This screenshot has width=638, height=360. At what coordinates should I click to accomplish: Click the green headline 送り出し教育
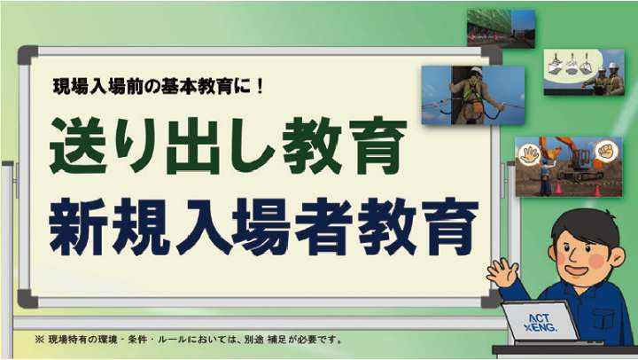click(x=228, y=145)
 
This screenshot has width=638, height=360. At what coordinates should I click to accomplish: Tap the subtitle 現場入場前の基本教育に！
click(x=159, y=86)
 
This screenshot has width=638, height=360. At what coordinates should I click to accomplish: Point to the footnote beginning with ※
click(x=189, y=340)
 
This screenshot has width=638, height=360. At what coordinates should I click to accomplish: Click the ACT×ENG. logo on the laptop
click(x=540, y=323)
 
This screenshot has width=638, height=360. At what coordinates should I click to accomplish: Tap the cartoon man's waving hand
click(x=503, y=272)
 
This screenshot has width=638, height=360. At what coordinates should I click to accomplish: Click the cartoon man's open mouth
click(x=577, y=270)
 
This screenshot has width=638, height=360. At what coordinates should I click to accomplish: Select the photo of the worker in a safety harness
click(x=473, y=95)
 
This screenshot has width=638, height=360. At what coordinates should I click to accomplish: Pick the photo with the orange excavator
click(x=568, y=167)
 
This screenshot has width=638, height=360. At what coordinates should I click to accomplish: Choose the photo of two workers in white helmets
click(x=584, y=73)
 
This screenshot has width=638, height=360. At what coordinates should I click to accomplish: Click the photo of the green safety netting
click(x=501, y=28)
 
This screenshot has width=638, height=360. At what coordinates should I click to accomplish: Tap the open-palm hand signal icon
click(x=529, y=154)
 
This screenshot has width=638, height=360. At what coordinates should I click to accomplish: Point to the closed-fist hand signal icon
click(x=606, y=150)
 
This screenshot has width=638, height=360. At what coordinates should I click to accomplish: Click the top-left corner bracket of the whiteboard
click(x=27, y=55)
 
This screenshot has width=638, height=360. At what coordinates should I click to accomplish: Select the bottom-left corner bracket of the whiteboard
click(x=27, y=299)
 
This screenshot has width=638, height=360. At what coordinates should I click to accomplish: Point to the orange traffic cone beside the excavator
click(x=597, y=191)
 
